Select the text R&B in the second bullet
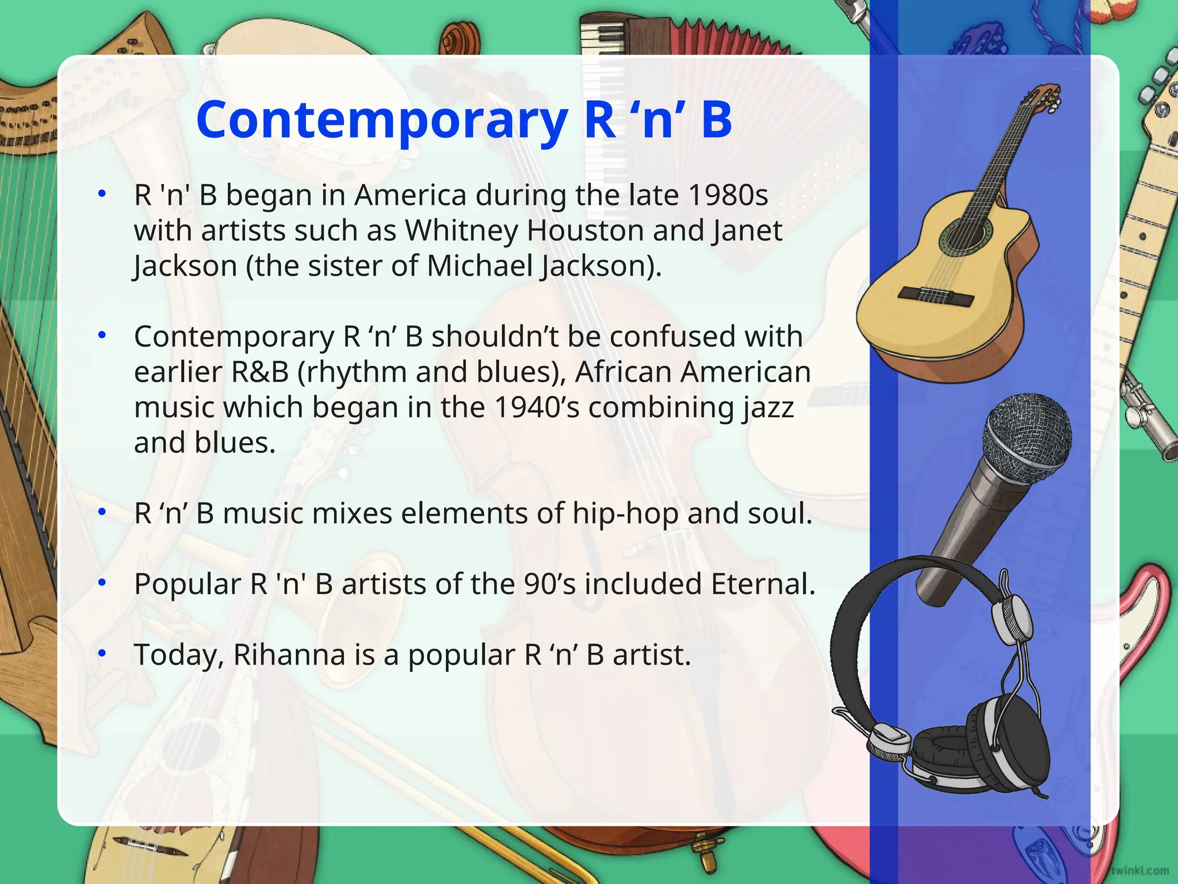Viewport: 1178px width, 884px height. [x=259, y=372]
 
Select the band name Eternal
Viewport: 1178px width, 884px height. [x=763, y=584]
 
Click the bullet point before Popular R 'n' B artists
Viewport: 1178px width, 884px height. [x=102, y=582]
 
